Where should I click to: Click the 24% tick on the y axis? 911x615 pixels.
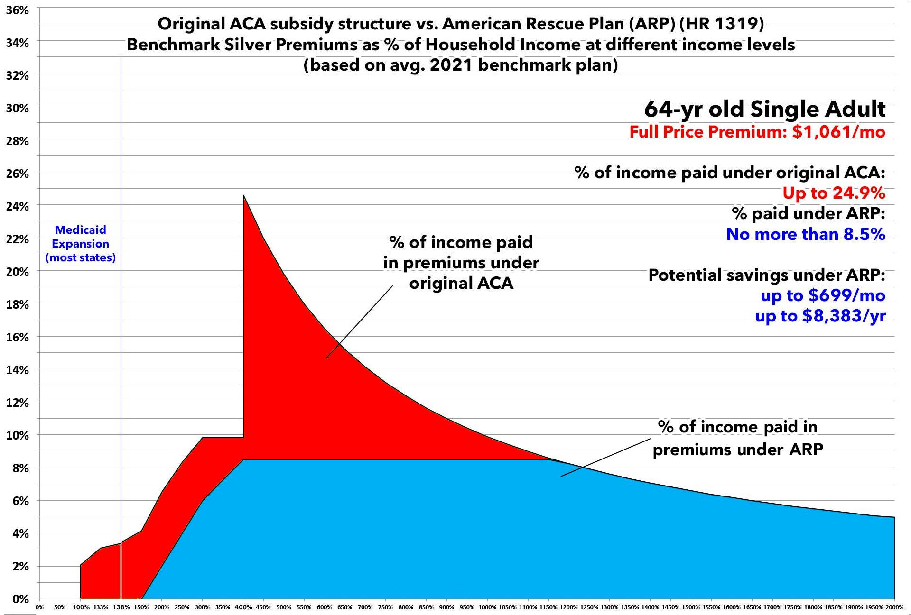18,206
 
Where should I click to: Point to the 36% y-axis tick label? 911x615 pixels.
18,10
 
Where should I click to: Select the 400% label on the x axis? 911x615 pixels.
243,607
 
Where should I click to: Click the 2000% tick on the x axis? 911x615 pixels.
894,607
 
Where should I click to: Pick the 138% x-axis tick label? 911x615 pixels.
121,607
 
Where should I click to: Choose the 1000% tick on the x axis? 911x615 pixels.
487,607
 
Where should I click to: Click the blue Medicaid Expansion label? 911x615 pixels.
81,244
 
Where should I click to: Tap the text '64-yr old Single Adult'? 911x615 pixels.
764,110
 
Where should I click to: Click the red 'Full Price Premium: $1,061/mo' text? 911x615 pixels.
757,132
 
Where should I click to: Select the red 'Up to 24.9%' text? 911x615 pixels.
834,193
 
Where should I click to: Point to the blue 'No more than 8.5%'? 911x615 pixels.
806,234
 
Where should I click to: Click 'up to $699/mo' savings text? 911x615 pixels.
823,295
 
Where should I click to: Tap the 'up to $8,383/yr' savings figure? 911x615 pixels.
820,316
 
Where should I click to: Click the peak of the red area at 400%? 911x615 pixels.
243,195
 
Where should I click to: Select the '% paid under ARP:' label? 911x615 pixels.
809,213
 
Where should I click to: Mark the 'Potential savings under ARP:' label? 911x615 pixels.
767,275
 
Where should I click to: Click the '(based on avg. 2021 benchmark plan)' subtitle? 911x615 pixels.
461,65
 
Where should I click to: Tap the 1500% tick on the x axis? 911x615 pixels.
691,607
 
